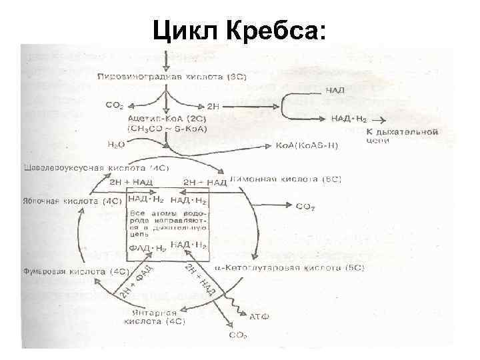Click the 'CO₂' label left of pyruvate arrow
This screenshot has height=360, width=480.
115,105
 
